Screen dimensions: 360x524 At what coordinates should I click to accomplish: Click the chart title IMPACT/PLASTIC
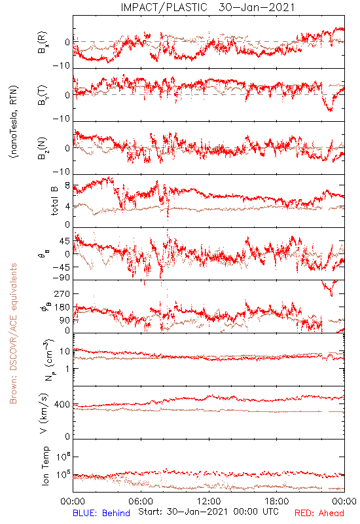click(164, 7)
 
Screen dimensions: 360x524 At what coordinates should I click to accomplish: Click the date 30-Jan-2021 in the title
click(257, 7)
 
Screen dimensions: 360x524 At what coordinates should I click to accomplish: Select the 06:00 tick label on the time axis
click(141, 501)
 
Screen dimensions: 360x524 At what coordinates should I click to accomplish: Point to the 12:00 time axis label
click(209, 501)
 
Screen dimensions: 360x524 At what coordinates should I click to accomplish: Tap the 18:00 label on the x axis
click(277, 501)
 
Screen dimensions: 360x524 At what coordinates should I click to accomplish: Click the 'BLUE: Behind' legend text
click(101, 513)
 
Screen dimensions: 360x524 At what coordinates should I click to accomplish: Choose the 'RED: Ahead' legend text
click(319, 513)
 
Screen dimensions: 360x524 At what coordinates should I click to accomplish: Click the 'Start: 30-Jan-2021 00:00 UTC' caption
click(208, 512)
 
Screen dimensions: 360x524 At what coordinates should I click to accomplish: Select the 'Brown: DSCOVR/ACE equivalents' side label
click(13, 333)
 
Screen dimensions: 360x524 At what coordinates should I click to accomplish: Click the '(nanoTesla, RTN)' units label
click(14, 122)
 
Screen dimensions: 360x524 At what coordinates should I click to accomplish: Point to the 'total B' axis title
click(54, 200)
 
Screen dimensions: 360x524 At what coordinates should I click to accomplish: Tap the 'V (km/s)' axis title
click(44, 413)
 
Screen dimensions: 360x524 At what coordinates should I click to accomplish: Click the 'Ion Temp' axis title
click(45, 466)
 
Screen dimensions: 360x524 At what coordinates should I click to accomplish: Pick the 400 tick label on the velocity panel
click(62, 405)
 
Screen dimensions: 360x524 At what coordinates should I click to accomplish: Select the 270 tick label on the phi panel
click(62, 293)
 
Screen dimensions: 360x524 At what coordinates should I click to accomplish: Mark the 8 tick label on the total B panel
click(67, 186)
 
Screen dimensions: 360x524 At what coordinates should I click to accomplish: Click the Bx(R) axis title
click(43, 43)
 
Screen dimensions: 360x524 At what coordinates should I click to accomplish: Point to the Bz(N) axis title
click(43, 148)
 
